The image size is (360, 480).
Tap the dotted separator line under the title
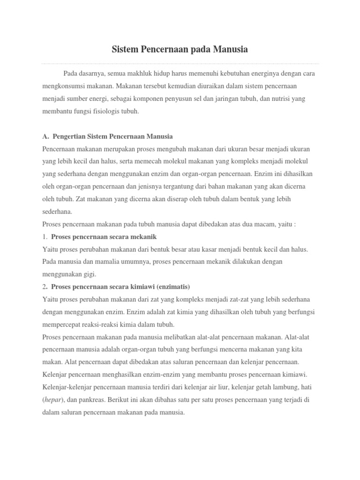point(180,63)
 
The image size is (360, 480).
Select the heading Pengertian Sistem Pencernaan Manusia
point(112,136)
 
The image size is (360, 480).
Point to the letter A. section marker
point(45,136)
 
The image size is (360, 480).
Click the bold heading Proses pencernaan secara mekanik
point(104,236)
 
